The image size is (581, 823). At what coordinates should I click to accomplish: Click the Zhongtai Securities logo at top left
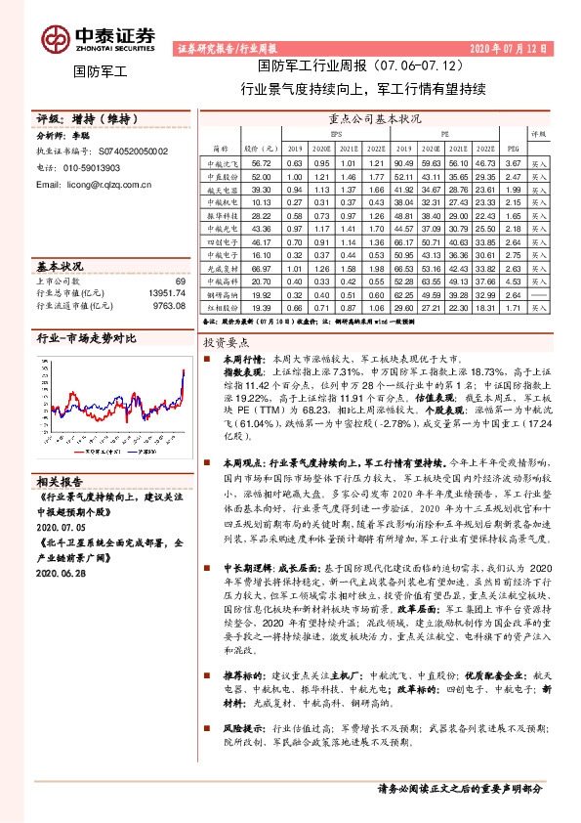(x=98, y=37)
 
